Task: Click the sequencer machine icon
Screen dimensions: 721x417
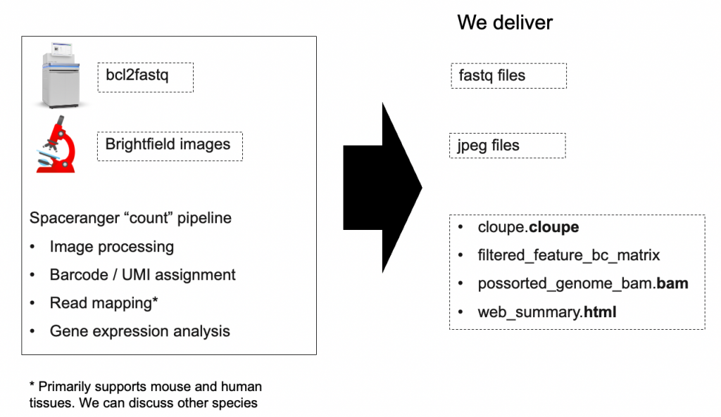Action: click(61, 76)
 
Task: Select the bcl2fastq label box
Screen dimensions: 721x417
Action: click(145, 77)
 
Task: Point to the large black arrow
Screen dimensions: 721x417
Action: click(382, 187)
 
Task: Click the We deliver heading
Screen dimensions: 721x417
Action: click(504, 23)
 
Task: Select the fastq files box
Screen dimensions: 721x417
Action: click(508, 76)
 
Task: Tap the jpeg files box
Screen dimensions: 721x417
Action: click(508, 146)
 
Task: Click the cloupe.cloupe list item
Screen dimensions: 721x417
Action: click(528, 227)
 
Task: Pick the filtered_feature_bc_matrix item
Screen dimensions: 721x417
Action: click(568, 255)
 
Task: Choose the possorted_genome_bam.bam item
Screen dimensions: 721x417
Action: click(582, 283)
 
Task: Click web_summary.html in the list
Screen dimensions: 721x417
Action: click(546, 312)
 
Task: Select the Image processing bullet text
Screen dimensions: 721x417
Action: click(112, 247)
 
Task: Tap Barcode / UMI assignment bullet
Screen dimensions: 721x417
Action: click(142, 275)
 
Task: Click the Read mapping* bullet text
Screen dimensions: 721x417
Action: click(104, 302)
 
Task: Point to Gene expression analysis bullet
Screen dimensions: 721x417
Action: click(140, 331)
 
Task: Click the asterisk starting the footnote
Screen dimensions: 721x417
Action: click(32, 385)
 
